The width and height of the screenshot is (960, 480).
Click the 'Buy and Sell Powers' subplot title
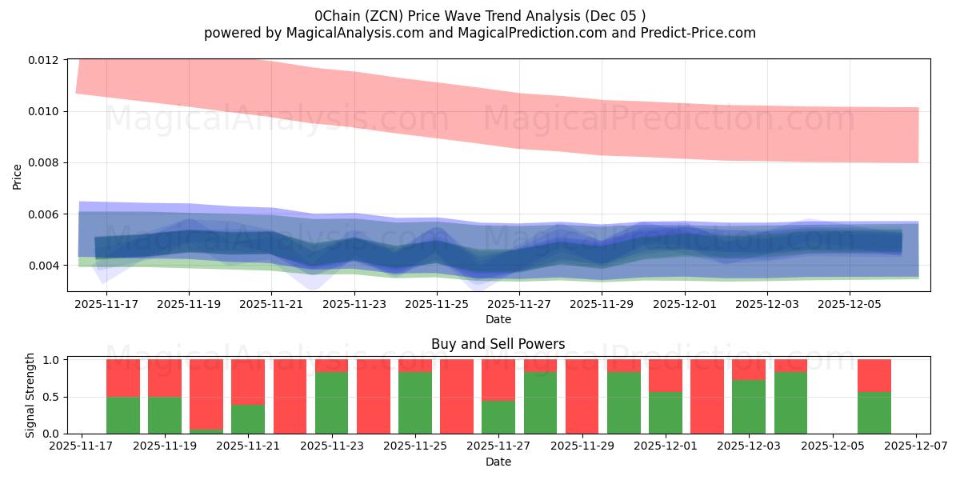(x=498, y=344)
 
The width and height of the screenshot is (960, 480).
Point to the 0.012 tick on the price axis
(x=44, y=60)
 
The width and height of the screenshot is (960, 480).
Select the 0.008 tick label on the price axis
(x=44, y=163)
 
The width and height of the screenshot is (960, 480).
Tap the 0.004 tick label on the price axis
(x=44, y=266)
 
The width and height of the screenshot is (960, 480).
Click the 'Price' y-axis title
(x=18, y=175)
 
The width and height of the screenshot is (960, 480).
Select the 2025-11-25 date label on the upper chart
(x=437, y=304)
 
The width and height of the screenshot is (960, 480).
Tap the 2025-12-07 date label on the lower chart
(x=916, y=446)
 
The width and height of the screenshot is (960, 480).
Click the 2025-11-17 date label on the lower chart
(x=82, y=446)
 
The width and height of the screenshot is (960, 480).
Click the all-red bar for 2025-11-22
(x=290, y=397)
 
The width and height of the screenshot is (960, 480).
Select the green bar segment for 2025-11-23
(x=331, y=403)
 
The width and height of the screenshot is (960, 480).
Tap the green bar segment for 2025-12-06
(x=874, y=413)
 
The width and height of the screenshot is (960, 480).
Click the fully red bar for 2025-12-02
(x=707, y=397)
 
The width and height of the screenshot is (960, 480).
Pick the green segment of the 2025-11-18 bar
(x=123, y=415)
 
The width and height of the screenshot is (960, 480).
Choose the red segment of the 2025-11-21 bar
(x=248, y=382)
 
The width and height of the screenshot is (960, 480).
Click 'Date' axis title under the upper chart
(x=498, y=319)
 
